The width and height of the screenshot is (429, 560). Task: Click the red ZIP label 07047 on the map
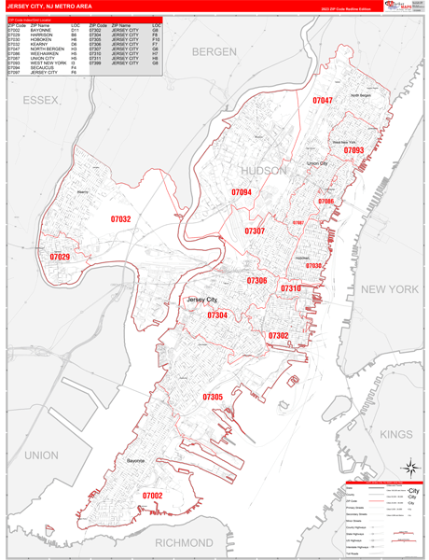pyautogui.click(x=323, y=100)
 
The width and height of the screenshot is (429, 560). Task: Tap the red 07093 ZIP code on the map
pyautogui.click(x=353, y=150)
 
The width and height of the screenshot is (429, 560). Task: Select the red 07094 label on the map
pyautogui.click(x=242, y=192)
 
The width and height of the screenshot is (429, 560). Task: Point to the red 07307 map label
pyautogui.click(x=255, y=231)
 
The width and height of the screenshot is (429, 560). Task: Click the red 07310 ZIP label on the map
pyautogui.click(x=290, y=289)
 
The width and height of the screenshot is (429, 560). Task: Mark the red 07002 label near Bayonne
pyautogui.click(x=152, y=496)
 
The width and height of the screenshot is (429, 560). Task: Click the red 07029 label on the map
pyautogui.click(x=60, y=257)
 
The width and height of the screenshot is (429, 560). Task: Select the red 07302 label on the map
pyautogui.click(x=278, y=335)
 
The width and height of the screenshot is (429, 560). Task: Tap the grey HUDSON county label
pyautogui.click(x=265, y=171)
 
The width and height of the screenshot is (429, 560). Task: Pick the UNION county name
pyautogui.click(x=42, y=455)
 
